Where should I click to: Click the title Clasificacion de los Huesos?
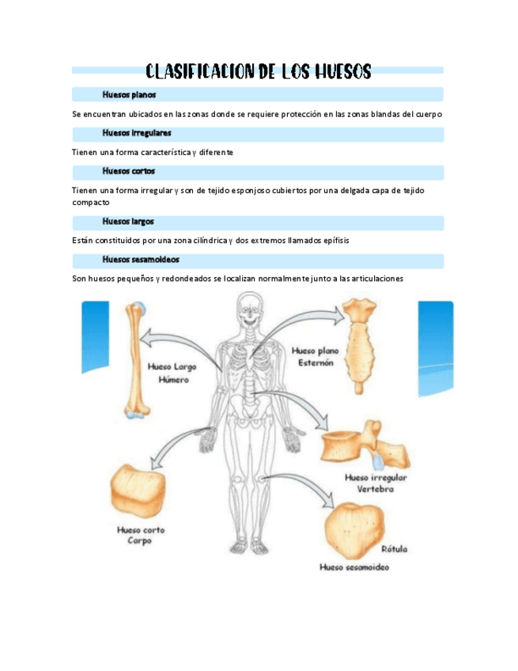pyautogui.click(x=258, y=72)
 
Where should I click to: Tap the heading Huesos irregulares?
pyautogui.click(x=136, y=133)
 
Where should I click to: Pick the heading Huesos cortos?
pyautogui.click(x=128, y=171)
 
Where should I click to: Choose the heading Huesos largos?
pyautogui.click(x=127, y=222)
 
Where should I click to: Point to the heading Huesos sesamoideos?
pyautogui.click(x=141, y=260)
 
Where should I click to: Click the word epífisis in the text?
pyautogui.click(x=332, y=240)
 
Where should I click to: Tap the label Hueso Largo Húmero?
pyautogui.click(x=172, y=373)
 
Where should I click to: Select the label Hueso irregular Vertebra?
pyautogui.click(x=376, y=483)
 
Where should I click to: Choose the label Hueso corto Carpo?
pyautogui.click(x=141, y=536)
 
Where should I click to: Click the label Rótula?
pyautogui.click(x=395, y=548)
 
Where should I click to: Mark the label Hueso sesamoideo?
pyautogui.click(x=354, y=567)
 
